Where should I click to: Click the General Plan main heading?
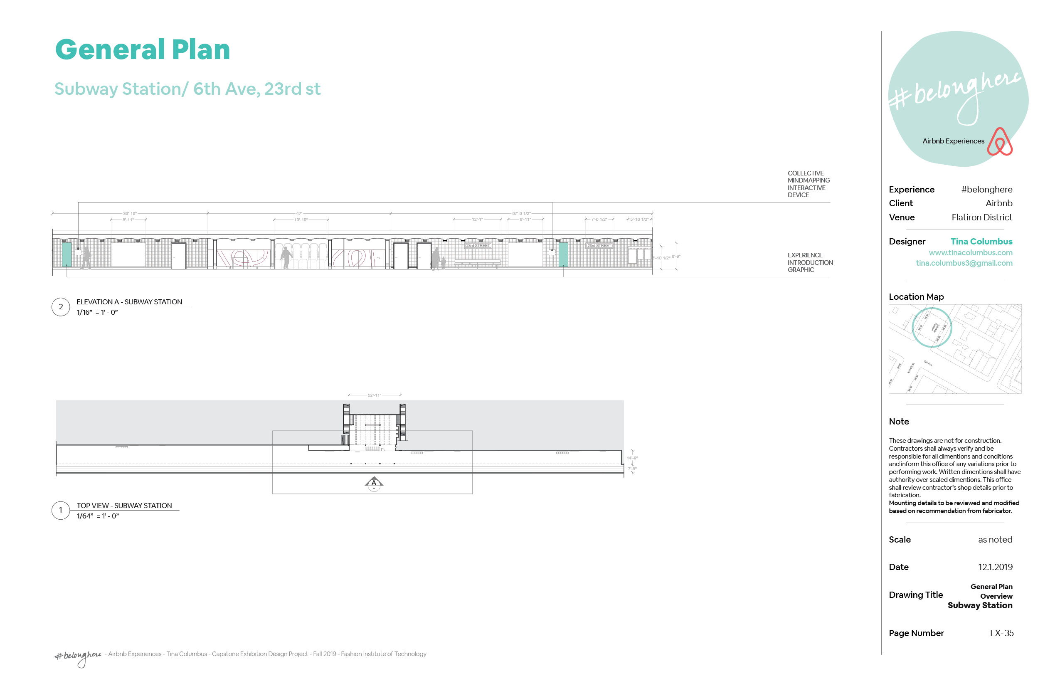tap(143, 49)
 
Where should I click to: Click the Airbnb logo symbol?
tap(1000, 142)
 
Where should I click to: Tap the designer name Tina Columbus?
tap(981, 242)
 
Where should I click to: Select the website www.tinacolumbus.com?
tap(971, 253)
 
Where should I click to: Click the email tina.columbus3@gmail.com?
tap(964, 263)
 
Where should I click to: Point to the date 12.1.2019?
tap(995, 567)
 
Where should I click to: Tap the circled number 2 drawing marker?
tap(61, 307)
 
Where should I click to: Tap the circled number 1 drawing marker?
tap(61, 511)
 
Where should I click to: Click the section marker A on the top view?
tap(374, 483)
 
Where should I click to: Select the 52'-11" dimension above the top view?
tap(374, 395)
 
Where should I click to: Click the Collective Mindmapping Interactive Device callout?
tap(809, 184)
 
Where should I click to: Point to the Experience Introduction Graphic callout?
tap(810, 262)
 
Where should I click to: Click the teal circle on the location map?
tap(932, 328)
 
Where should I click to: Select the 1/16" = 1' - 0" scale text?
tap(97, 312)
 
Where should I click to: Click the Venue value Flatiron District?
tap(981, 217)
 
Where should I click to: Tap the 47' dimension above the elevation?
tap(299, 213)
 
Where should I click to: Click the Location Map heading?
tap(916, 297)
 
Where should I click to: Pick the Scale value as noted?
tap(995, 540)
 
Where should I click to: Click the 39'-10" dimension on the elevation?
tap(130, 213)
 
